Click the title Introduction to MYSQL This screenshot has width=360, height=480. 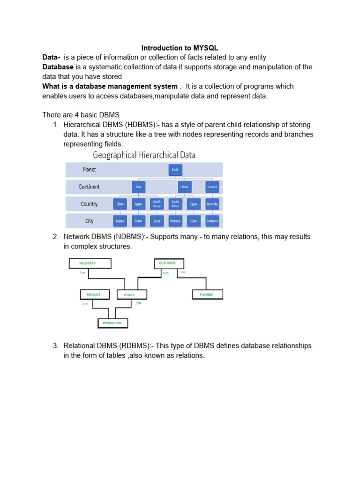point(180,48)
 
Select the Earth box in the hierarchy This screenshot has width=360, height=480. point(175,170)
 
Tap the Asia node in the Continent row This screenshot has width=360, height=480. point(138,187)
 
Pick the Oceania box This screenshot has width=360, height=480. point(212,187)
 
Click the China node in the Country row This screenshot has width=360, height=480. point(120,204)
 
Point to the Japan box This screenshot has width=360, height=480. point(138,204)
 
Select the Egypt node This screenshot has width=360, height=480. point(194,204)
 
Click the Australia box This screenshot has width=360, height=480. point(212,204)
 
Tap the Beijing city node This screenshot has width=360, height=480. point(120,221)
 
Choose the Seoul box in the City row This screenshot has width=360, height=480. point(157,221)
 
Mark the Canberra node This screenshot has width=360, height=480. point(212,221)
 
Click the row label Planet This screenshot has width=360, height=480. point(89,170)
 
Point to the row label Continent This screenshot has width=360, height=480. point(89,187)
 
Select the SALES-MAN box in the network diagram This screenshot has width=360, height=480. point(90,263)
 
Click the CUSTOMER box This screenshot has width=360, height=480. point(169,263)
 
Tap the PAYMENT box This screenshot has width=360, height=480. point(208,294)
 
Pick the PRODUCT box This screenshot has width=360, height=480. point(94,294)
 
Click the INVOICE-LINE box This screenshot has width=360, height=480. point(112,322)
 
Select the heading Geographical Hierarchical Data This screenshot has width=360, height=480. point(144,155)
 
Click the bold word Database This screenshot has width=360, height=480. point(58,67)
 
